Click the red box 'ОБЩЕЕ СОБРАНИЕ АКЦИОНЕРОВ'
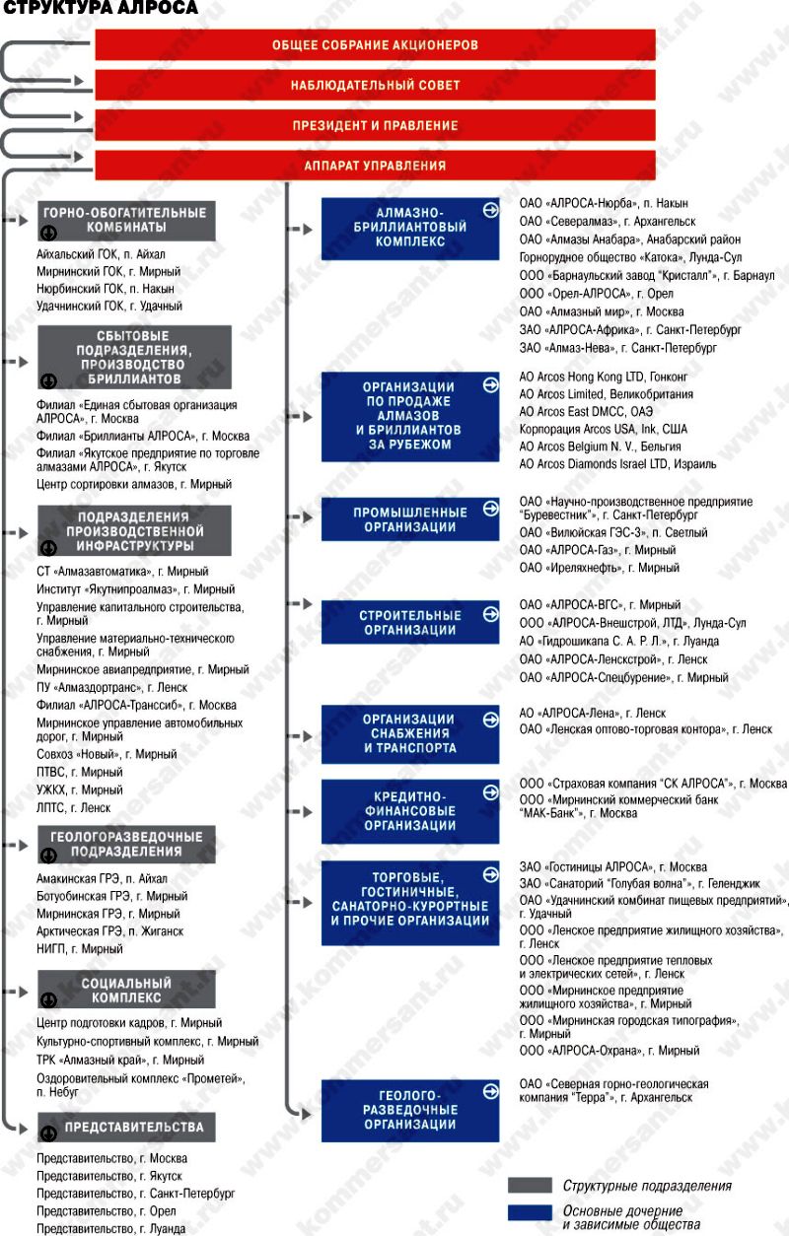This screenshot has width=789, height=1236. (375, 45)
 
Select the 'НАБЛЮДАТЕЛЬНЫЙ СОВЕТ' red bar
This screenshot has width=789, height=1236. (375, 86)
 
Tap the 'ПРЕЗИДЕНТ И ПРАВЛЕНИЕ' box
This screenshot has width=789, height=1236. (375, 126)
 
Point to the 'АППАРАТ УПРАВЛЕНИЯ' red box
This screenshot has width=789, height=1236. (375, 167)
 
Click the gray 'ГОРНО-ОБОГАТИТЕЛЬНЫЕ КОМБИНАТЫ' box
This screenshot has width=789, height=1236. (125, 221)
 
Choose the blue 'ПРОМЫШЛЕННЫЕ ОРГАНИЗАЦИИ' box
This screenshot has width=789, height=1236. (410, 519)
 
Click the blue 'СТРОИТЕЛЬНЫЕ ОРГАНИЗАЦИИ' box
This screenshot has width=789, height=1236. (410, 623)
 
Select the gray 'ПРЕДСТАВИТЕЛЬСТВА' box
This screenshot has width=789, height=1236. (125, 1128)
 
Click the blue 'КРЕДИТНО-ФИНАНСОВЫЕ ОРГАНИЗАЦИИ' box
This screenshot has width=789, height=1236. (410, 810)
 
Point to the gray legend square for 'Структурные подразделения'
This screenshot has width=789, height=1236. (530, 1185)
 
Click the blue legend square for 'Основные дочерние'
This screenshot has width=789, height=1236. (530, 1214)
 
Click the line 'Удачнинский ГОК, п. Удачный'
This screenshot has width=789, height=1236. (108, 307)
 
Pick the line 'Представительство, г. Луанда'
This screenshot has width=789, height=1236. (111, 1229)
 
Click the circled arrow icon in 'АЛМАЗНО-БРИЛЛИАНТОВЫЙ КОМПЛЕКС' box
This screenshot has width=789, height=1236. (490, 209)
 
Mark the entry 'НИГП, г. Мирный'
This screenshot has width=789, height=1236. (80, 949)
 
